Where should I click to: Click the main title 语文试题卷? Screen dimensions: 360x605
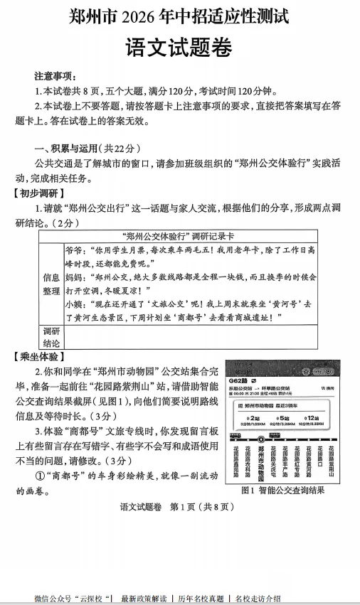pos(179,49)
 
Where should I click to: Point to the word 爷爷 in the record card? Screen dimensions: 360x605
pos(73,251)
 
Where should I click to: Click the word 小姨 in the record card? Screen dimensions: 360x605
pos(73,304)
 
